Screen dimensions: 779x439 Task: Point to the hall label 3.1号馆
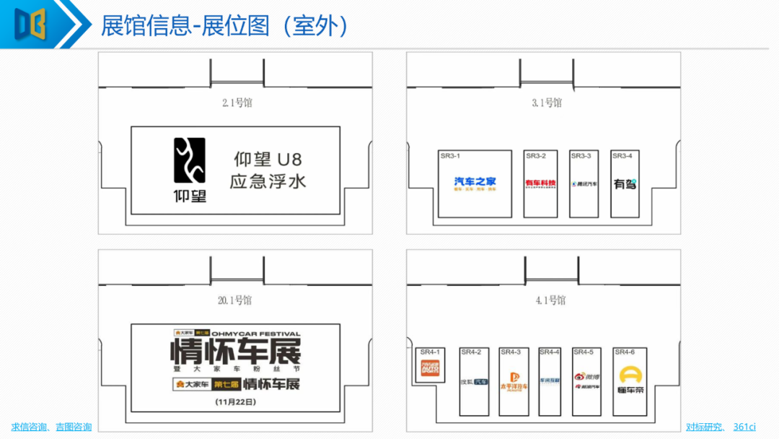[x=546, y=103]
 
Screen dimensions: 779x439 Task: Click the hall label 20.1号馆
[x=237, y=300]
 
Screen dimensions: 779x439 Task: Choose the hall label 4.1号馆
[x=550, y=300]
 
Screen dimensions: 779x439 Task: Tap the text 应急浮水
[x=268, y=180]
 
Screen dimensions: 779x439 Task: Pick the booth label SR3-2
[x=536, y=156]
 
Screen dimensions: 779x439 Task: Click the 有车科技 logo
[x=540, y=183]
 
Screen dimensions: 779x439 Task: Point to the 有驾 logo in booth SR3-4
[x=625, y=184]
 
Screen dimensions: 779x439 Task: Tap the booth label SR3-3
[x=581, y=156]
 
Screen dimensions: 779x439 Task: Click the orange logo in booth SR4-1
[x=431, y=370]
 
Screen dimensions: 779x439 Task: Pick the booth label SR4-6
[x=624, y=352]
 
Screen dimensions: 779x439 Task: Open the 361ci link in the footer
[x=744, y=427]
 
